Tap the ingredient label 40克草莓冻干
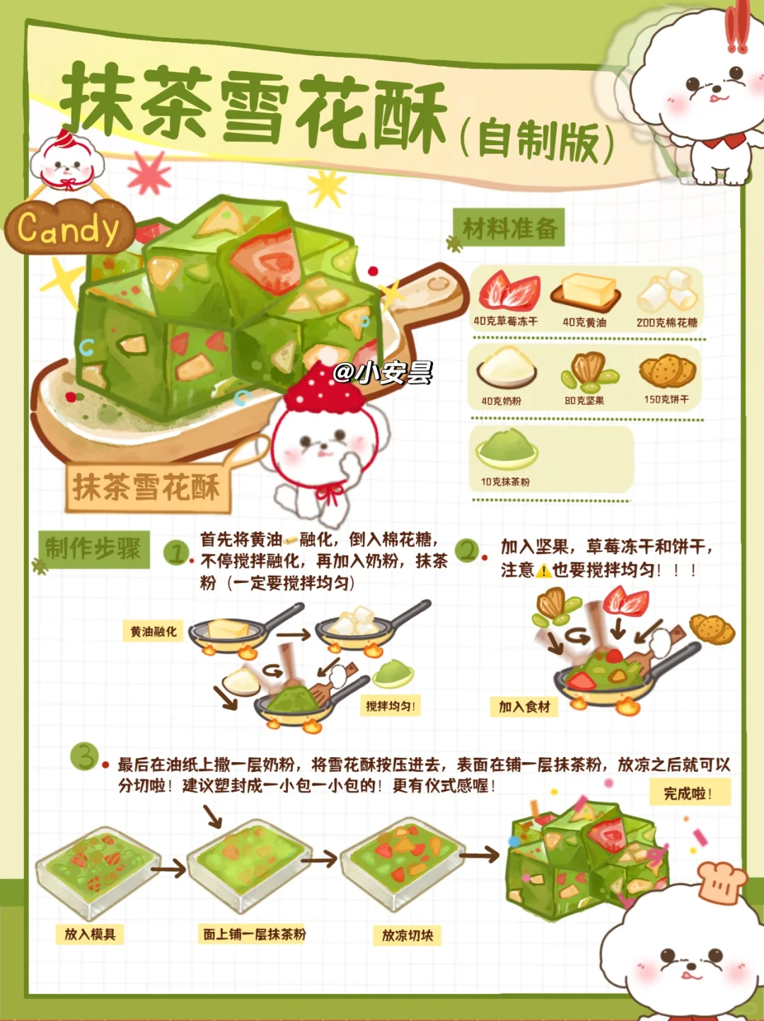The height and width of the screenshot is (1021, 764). point(506,321)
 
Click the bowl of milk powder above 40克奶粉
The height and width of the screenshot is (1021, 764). point(507,367)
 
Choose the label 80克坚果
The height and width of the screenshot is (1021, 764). point(584,400)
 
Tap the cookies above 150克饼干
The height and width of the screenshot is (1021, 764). point(667,371)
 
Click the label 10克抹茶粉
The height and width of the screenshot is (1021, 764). point(505,482)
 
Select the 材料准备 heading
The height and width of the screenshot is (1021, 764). point(509,228)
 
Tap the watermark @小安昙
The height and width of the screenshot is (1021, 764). point(383,373)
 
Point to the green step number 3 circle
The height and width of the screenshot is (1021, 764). point(84,757)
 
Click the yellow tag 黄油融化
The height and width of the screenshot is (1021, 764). point(153,631)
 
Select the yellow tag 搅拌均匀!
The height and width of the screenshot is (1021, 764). point(390,706)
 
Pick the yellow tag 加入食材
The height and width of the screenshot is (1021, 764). point(524,707)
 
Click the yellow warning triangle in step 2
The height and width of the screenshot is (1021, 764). point(543,570)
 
